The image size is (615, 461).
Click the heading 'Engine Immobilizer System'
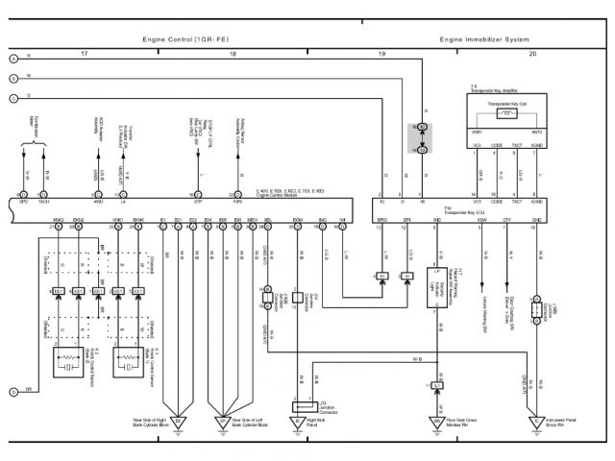[x=484, y=40]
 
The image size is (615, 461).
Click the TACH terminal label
[x=47, y=203]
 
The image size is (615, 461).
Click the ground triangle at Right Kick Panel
[x=297, y=421]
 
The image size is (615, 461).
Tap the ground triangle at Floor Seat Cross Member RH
[x=437, y=421]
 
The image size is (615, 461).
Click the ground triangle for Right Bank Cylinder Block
[x=176, y=421]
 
